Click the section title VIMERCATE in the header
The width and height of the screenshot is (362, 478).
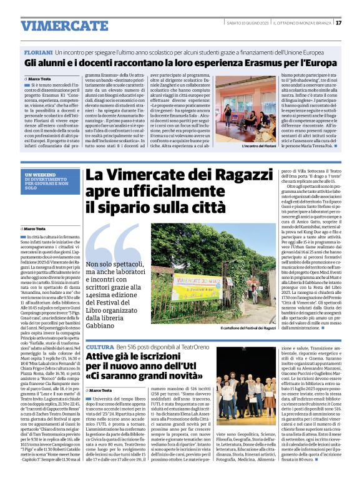(x=55, y=26)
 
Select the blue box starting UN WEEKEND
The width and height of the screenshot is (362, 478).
(x=49, y=180)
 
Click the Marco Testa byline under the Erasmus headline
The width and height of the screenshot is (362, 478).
(x=39, y=79)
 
